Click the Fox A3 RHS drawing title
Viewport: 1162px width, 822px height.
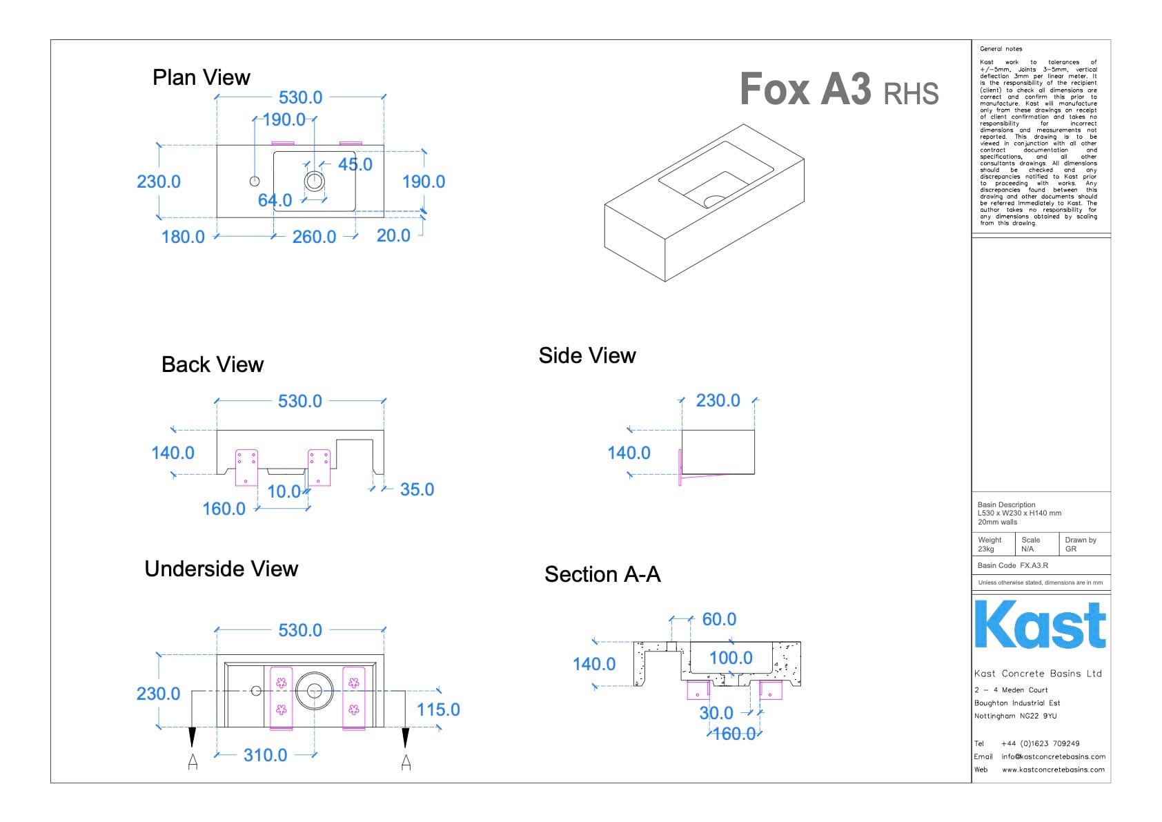(838, 90)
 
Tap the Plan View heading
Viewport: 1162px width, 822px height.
(201, 77)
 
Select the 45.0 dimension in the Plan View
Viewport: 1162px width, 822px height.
(355, 164)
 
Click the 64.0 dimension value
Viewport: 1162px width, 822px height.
(275, 200)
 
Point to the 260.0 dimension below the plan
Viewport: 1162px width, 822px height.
(314, 237)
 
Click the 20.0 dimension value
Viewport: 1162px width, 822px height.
(393, 235)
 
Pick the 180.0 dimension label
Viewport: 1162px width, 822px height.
(183, 237)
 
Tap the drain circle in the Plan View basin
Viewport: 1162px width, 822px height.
(315, 181)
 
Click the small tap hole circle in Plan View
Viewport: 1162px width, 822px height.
(255, 181)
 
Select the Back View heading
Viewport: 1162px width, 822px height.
(213, 364)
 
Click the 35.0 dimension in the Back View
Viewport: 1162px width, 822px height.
(417, 489)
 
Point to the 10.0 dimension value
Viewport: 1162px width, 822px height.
(284, 491)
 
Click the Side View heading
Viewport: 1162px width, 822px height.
(587, 355)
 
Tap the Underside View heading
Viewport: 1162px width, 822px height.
(221, 569)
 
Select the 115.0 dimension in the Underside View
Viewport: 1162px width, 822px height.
(437, 710)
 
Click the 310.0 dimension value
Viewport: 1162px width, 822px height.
(265, 755)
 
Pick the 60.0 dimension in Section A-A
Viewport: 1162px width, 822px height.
(719, 619)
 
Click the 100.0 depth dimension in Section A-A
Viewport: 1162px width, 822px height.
(731, 658)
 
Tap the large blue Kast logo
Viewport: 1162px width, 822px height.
(1040, 625)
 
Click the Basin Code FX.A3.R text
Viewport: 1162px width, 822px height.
(1012, 565)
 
